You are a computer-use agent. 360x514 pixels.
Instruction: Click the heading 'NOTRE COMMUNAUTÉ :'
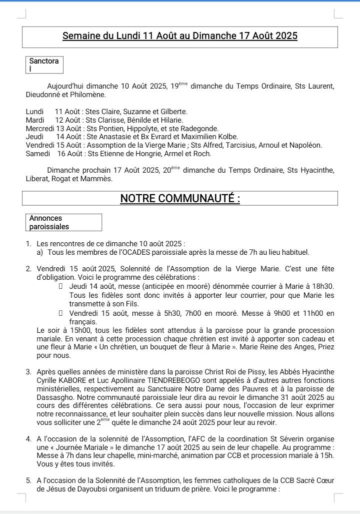180,199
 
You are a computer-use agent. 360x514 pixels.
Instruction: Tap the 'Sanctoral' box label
44,65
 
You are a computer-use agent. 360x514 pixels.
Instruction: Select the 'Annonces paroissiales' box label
49,222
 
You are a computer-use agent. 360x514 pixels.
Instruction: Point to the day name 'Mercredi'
39,129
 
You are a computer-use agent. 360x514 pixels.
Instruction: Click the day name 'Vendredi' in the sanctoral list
40,145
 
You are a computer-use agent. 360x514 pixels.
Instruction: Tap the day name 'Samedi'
37,154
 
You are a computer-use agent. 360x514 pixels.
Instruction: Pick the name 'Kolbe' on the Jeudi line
228,137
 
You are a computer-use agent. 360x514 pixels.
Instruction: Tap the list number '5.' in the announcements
29,481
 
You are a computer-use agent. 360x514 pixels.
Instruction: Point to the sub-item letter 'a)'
40,252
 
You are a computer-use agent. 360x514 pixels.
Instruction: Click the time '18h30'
324,286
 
